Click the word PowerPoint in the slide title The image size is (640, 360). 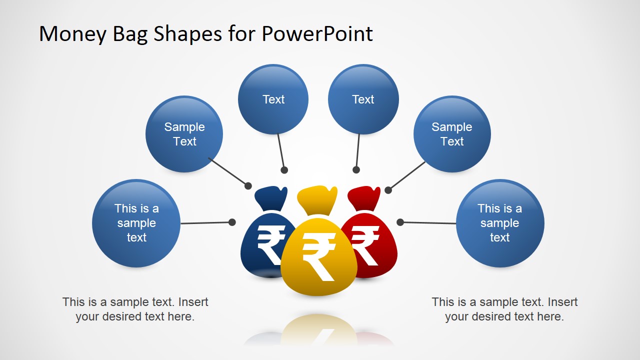[x=317, y=34]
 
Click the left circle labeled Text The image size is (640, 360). [x=273, y=99]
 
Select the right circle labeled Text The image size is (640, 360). [x=363, y=99]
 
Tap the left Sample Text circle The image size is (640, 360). [x=184, y=134]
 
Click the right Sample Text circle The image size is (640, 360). [x=452, y=134]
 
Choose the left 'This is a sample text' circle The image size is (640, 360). [x=136, y=223]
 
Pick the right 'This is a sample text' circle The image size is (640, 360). [x=500, y=223]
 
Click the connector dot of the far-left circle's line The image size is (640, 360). [x=232, y=222]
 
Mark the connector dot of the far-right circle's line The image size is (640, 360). [x=400, y=222]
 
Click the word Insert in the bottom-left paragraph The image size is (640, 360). [x=193, y=302]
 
